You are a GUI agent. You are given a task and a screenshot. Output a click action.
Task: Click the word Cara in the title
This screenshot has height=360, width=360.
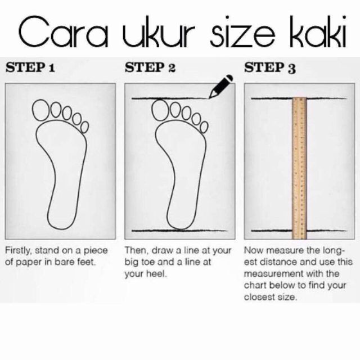click(63, 31)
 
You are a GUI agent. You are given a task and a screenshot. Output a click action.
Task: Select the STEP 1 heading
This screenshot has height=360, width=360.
click(30, 67)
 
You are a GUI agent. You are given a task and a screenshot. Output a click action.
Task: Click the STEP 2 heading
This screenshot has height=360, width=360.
click(150, 67)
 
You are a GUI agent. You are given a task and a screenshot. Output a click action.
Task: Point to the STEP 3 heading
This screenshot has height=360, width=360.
click(270, 68)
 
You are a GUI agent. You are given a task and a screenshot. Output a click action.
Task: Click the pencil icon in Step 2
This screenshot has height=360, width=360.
click(221, 86)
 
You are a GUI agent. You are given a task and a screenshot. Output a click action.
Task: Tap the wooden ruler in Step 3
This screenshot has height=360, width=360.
click(299, 168)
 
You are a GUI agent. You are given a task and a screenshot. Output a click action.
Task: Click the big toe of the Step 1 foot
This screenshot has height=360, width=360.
click(41, 110)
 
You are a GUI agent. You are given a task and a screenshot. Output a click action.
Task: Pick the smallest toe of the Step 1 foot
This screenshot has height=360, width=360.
click(85, 127)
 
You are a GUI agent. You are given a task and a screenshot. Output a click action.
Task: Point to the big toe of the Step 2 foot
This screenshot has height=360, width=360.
click(160, 110)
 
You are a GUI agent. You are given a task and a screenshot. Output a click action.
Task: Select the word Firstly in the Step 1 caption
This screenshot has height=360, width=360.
click(17, 251)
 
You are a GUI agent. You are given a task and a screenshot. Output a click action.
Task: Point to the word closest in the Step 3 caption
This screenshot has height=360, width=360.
click(259, 297)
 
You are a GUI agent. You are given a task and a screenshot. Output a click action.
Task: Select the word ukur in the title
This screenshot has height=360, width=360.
click(159, 31)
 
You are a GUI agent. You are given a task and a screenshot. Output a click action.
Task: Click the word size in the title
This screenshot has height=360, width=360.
click(242, 31)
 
